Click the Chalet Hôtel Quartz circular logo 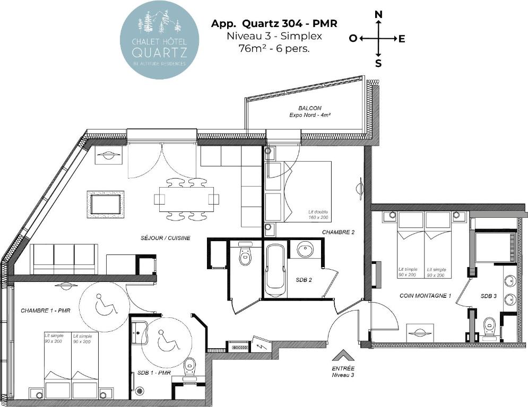pyautogui.click(x=159, y=40)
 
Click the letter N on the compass pyautogui.click(x=378, y=14)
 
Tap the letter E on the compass pyautogui.click(x=401, y=39)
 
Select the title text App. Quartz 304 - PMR pyautogui.click(x=274, y=23)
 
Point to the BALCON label pyautogui.click(x=310, y=108)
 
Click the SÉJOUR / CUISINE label pyautogui.click(x=166, y=238)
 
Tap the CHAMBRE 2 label pyautogui.click(x=338, y=232)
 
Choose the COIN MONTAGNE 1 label pyautogui.click(x=425, y=296)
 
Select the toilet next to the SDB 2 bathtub pyautogui.click(x=245, y=254)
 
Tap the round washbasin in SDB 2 pyautogui.click(x=306, y=250)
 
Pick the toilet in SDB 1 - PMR pyautogui.click(x=190, y=367)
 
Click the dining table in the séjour pyautogui.click(x=187, y=199)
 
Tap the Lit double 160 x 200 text pyautogui.click(x=318, y=215)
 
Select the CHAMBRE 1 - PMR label pyautogui.click(x=46, y=311)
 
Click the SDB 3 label pyautogui.click(x=488, y=296)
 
